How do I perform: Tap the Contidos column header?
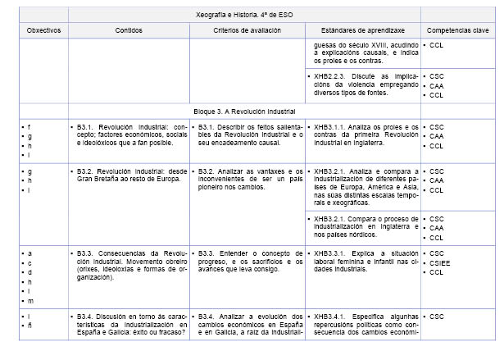click(129, 30)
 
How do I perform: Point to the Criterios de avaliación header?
click(247, 30)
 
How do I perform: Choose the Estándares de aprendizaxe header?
click(362, 30)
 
